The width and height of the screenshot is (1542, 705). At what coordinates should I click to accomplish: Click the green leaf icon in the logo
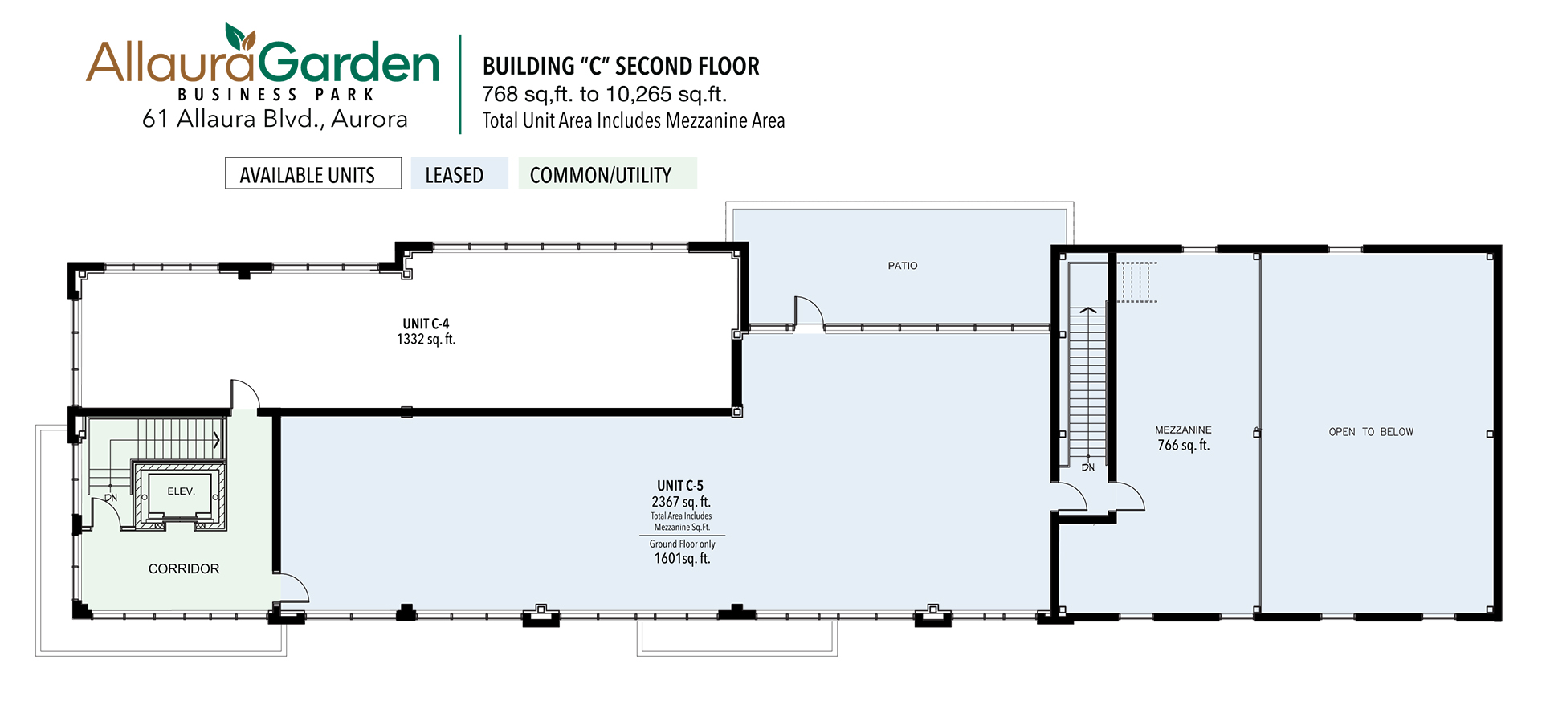point(239,36)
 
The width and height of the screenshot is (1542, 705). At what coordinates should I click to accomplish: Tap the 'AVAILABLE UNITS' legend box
point(313,173)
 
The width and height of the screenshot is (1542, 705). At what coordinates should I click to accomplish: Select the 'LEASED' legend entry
point(459,173)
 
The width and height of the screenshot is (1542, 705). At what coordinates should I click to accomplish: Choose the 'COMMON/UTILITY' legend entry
point(607,173)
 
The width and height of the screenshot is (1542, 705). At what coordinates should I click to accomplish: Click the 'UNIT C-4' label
point(426,324)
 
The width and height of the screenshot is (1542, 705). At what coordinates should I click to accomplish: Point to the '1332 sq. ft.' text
point(426,340)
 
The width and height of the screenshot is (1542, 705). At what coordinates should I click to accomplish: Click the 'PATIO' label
point(903,266)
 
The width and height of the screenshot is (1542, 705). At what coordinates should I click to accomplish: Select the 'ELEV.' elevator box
point(180,495)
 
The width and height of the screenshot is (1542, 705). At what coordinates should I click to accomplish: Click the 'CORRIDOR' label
point(184,568)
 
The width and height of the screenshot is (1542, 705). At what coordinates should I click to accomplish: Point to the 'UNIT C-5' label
point(680,486)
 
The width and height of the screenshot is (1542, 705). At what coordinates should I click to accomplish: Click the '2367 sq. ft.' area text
point(681,502)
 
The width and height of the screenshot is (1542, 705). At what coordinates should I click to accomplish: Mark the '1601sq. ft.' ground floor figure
point(682,559)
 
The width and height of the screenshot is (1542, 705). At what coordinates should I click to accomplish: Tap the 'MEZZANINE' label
point(1183,430)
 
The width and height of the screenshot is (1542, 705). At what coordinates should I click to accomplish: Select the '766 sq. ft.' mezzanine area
point(1183,446)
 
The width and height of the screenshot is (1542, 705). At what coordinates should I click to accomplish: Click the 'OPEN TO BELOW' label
point(1371,432)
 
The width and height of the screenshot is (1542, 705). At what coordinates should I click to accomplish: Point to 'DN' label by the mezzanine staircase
point(1088,467)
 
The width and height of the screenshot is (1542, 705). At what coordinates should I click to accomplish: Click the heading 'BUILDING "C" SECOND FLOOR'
point(621,66)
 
